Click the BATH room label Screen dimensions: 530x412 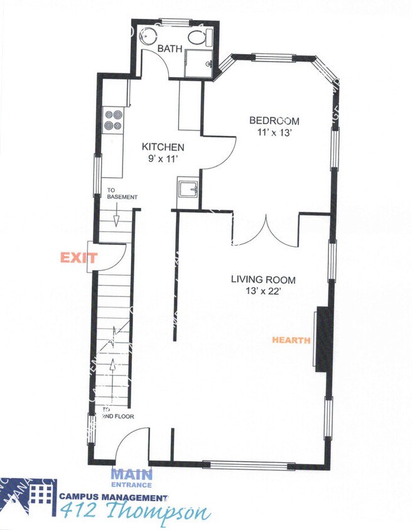tap(169, 48)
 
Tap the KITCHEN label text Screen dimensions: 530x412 tap(162, 147)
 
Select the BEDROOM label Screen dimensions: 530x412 tap(274, 121)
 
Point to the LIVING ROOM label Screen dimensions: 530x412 tap(263, 280)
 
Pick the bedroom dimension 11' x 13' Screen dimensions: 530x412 tap(274, 132)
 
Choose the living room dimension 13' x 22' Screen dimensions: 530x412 tap(263, 291)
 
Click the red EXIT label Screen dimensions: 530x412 tap(78, 257)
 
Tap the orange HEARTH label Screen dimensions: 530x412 tap(291, 340)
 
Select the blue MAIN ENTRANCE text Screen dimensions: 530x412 tap(131, 479)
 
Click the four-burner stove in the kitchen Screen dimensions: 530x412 tap(112, 120)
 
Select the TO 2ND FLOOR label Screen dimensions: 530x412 tap(118, 413)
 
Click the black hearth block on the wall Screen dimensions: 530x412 tap(323, 338)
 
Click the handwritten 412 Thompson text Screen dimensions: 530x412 tap(134, 512)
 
